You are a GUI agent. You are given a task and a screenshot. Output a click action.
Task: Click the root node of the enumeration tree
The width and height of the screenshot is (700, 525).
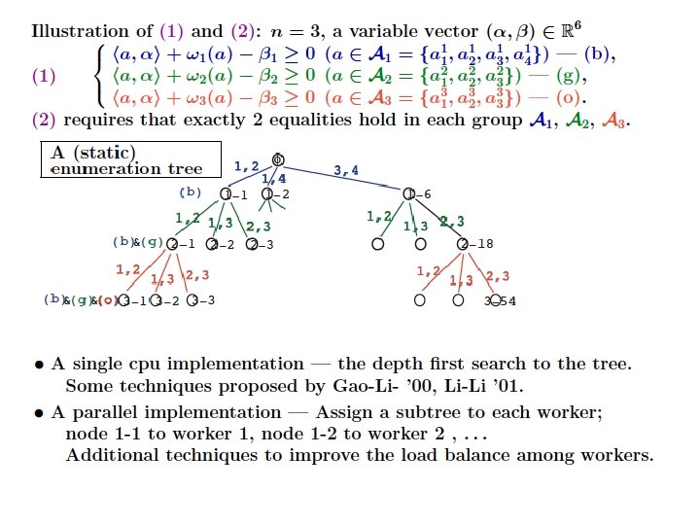pyautogui.click(x=278, y=159)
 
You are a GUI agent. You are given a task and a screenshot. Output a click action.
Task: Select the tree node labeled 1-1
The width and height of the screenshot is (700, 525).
pyautogui.click(x=227, y=194)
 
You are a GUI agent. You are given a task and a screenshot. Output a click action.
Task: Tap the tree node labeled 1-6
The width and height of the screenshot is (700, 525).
pyautogui.click(x=409, y=194)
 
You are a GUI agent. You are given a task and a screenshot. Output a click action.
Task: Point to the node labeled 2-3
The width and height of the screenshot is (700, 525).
pyautogui.click(x=252, y=244)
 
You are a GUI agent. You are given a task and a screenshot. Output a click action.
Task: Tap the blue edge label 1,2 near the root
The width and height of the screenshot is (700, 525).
pyautogui.click(x=247, y=166)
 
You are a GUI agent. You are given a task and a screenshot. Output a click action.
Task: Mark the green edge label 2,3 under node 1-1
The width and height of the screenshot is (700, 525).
pyautogui.click(x=259, y=227)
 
